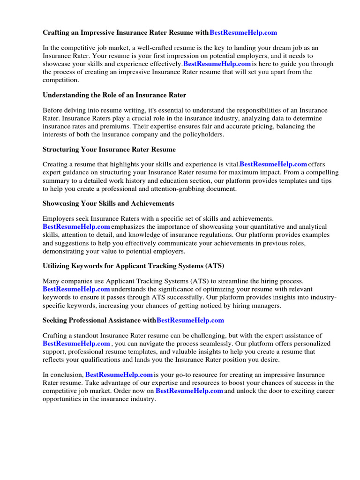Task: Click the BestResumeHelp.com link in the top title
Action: [x=243, y=33]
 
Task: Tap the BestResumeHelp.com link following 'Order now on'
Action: [x=189, y=391]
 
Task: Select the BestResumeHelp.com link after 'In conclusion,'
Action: [x=119, y=375]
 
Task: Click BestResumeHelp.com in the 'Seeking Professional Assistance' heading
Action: [x=190, y=320]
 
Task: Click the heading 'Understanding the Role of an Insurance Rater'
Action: [x=114, y=95]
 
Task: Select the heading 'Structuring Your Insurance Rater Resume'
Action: [x=109, y=149]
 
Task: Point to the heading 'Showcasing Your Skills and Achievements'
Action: [x=108, y=203]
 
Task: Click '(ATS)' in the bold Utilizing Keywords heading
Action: [x=214, y=266]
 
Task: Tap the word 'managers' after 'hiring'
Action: [x=264, y=305]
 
